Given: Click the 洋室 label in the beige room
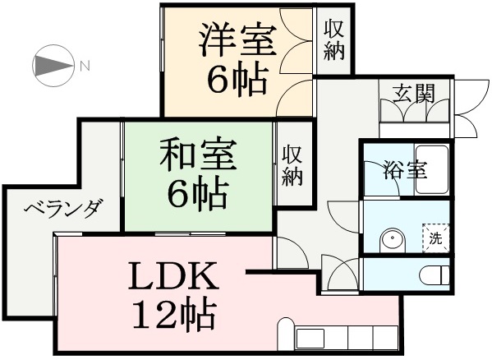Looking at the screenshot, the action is pyautogui.click(x=237, y=39).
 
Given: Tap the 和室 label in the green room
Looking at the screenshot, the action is pyautogui.click(x=198, y=155).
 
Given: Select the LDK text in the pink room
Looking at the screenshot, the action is pyautogui.click(x=173, y=276).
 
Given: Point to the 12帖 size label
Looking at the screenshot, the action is pyautogui.click(x=174, y=315).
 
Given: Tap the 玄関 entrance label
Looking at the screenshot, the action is pyautogui.click(x=414, y=94).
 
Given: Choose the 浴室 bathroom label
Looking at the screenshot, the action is pyautogui.click(x=405, y=170).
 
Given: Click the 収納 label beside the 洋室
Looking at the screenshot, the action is pyautogui.click(x=334, y=39).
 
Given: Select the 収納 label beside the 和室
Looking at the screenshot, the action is pyautogui.click(x=292, y=166).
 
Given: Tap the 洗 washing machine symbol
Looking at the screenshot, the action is pyautogui.click(x=436, y=238).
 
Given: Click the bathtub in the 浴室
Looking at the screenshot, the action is pyautogui.click(x=431, y=170).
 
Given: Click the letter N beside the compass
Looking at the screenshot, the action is pyautogui.click(x=85, y=67).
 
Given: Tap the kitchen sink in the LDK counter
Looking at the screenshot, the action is pyautogui.click(x=310, y=338).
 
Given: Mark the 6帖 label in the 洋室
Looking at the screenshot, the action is pyautogui.click(x=237, y=81).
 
